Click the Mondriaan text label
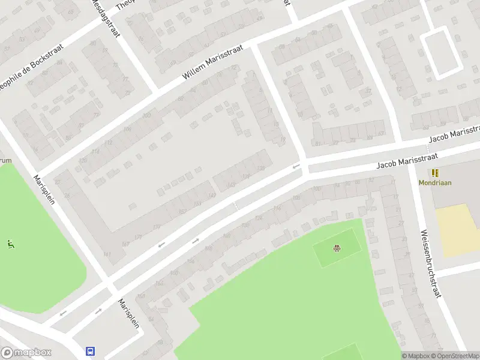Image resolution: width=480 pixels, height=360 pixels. coord(435,183)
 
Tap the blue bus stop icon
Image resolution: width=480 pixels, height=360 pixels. coord(91,352)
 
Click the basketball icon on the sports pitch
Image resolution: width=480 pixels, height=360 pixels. coord(337,248)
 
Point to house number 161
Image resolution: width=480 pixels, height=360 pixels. coord(107,255)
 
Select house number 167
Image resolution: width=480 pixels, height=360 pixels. coord(125,244)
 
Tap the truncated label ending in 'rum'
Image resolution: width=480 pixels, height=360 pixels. coord(5,160)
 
